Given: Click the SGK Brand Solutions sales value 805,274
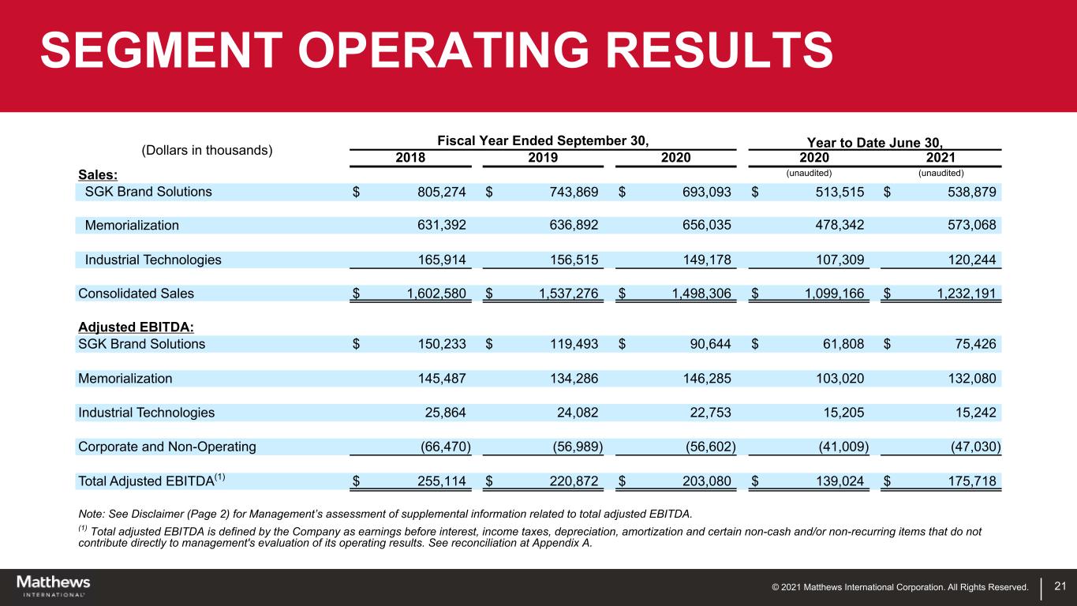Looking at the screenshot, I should point(437,192).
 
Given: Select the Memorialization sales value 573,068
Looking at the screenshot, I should point(969,225).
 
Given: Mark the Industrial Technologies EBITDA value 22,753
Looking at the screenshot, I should point(708,412).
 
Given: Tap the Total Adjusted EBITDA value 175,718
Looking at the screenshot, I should point(969,481).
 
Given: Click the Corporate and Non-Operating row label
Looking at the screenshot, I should point(167,447).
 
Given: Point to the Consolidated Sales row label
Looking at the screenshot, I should point(136,294).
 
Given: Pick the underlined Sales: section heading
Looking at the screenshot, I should point(97,174).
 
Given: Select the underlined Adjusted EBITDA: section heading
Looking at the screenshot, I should point(129,327).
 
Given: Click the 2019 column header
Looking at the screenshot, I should point(543,157).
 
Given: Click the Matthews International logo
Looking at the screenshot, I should point(54,586).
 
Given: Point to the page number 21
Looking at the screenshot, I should point(1060,585).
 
